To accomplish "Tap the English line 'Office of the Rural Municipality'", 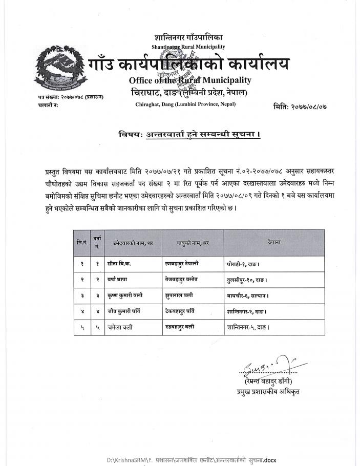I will tap(189, 80).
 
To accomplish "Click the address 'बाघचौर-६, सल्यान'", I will tap(248, 295).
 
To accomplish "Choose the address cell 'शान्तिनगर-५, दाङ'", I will tap(248, 326).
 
